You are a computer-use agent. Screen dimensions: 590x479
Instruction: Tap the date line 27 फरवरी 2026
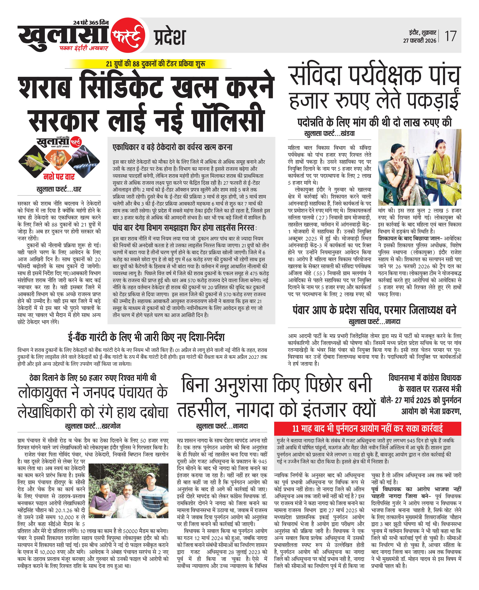click(x=419, y=41)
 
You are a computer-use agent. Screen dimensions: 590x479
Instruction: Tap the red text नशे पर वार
click(x=59, y=176)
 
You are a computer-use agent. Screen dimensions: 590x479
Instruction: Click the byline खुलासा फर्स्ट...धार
click(x=59, y=189)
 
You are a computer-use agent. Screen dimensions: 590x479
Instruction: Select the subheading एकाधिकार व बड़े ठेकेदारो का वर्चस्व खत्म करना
click(x=172, y=147)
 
